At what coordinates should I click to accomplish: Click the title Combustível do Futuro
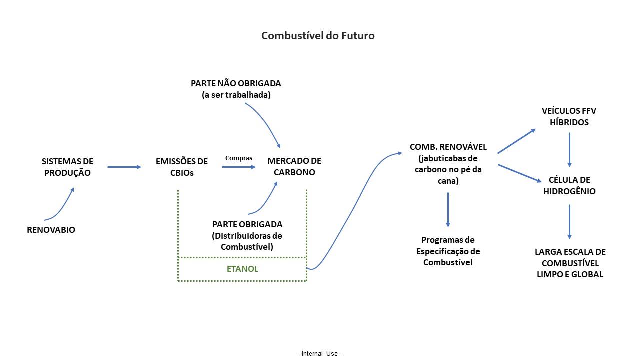click(x=318, y=36)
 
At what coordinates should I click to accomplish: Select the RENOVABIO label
click(x=51, y=230)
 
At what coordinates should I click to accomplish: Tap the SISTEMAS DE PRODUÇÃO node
click(x=67, y=167)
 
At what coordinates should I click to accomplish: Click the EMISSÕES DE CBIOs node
click(x=182, y=167)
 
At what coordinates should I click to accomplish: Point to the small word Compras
click(x=238, y=158)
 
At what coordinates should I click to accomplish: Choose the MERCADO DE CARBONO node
click(x=294, y=167)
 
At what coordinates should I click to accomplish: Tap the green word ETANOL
click(x=242, y=269)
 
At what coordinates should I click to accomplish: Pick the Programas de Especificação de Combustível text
click(x=448, y=251)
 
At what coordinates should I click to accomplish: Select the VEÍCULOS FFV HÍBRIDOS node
click(x=569, y=116)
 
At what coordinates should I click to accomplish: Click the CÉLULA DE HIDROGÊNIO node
click(x=569, y=185)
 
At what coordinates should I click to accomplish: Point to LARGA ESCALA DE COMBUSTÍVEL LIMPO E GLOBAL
click(x=570, y=263)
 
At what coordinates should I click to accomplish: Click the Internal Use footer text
click(x=320, y=353)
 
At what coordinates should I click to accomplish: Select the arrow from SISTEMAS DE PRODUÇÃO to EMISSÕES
click(x=124, y=167)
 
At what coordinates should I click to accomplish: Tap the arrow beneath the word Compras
click(x=238, y=167)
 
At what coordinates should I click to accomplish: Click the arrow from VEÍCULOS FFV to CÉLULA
click(x=569, y=149)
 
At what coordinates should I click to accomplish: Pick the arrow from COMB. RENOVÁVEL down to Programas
click(x=448, y=209)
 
